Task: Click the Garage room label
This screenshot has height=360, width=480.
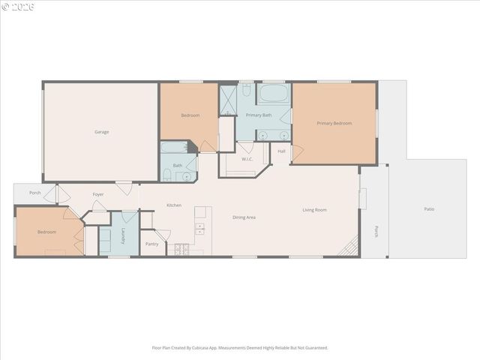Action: click(x=101, y=132)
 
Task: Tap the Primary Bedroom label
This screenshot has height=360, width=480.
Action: click(x=334, y=123)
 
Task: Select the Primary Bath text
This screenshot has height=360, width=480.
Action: click(x=259, y=115)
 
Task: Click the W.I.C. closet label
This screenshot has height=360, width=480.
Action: click(x=247, y=159)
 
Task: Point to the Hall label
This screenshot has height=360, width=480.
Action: click(x=281, y=151)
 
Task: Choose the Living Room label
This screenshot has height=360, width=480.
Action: click(x=314, y=210)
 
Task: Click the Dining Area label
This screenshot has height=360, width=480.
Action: click(x=244, y=217)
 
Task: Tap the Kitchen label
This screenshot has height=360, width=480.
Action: click(x=174, y=205)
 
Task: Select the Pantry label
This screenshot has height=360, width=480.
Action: click(x=151, y=244)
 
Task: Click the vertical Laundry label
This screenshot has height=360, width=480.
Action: click(x=122, y=236)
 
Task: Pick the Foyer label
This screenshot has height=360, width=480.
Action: click(x=98, y=195)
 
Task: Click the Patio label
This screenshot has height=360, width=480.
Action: click(x=429, y=209)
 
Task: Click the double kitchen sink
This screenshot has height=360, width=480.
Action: click(x=199, y=228)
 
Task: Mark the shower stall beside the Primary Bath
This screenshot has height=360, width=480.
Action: click(x=227, y=100)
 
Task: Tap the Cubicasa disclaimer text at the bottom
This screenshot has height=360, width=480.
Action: click(x=240, y=347)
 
